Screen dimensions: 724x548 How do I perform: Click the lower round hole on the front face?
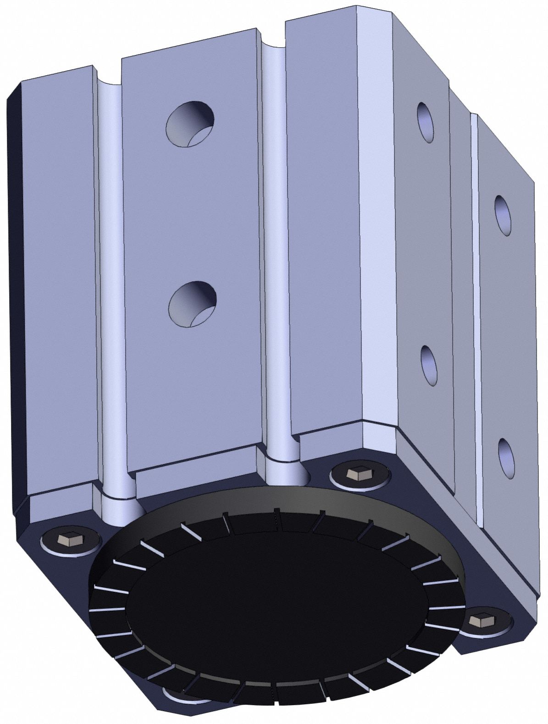pyautogui.click(x=193, y=304)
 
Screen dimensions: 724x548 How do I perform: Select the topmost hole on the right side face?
pyautogui.click(x=425, y=122)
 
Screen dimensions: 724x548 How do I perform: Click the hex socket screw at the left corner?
pyautogui.click(x=61, y=540)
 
